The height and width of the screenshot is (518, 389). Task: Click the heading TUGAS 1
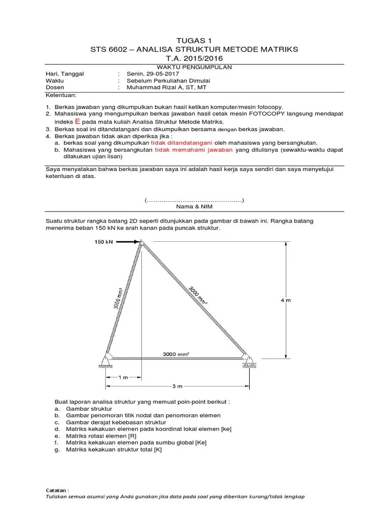coord(194,40)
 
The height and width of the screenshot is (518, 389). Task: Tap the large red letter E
coord(77,121)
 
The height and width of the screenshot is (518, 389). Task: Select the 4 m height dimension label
coord(287,300)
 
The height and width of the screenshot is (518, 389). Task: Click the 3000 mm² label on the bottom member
coord(177,354)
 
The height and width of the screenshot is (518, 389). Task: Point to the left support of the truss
coord(106,359)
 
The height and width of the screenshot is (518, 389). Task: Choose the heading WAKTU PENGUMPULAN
coord(194,67)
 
